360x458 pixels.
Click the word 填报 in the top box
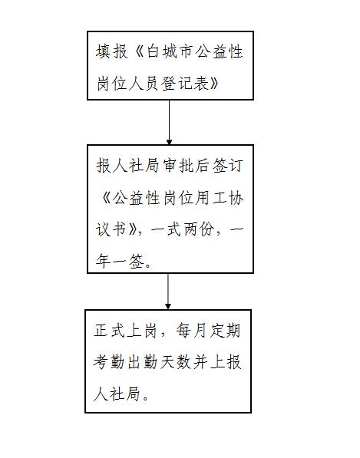pos(111,51)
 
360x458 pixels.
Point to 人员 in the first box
pos(145,84)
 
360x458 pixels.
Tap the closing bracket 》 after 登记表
pos(214,84)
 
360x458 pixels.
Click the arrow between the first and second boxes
pos(169,123)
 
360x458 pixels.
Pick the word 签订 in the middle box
pos(227,166)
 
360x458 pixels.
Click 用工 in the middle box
pos(211,198)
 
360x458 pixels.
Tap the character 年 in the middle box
pos(103,261)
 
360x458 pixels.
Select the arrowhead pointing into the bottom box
pos(168,306)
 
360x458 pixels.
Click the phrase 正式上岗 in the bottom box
pos(125,331)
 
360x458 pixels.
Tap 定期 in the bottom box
pos(225,331)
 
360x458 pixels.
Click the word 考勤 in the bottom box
pos(109,362)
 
